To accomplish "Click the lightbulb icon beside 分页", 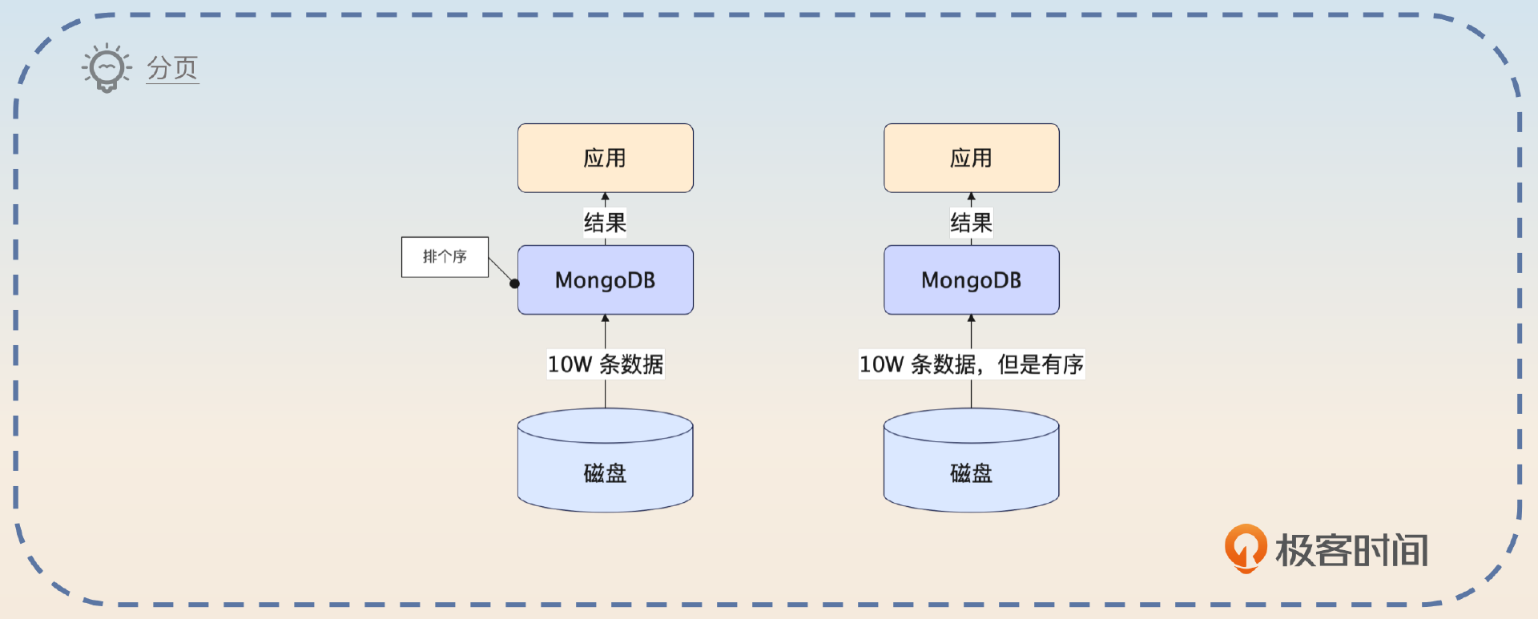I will (106, 68).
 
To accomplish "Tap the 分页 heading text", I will (172, 68).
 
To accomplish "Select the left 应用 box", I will (605, 158).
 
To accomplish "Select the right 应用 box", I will (971, 158).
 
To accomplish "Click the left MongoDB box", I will (605, 280).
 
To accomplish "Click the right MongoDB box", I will (971, 280).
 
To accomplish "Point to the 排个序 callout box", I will (445, 257).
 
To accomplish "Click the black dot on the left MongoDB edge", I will (514, 283).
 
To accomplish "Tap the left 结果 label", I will (605, 222).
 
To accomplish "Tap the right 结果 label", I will (971, 222).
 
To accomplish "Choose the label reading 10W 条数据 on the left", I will (605, 364).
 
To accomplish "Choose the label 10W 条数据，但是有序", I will (971, 364).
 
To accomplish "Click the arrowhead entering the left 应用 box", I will (605, 197).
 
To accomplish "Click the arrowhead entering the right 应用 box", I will (971, 197).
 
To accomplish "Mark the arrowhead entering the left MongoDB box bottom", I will (605, 319).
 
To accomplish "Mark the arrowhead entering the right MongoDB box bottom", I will (971, 319).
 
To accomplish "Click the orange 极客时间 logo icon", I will (1245, 548).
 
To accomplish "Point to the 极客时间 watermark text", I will (1351, 551).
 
